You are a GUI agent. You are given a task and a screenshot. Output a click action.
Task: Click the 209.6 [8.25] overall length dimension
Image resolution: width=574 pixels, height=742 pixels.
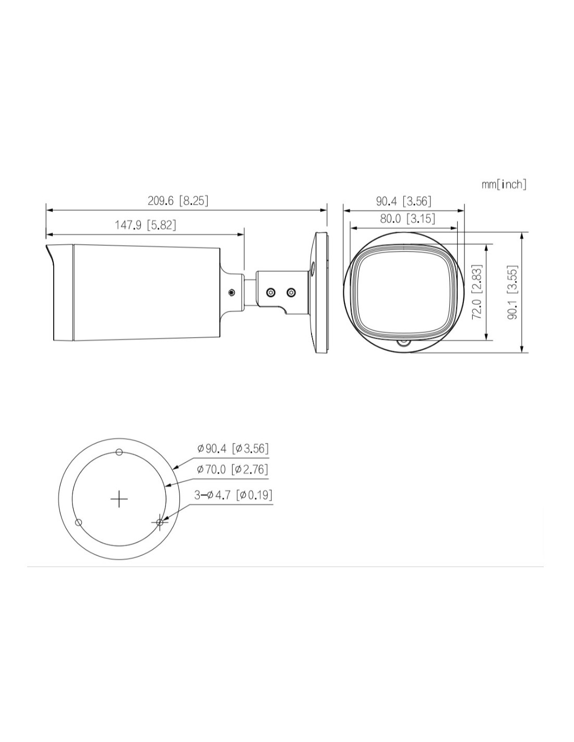177,200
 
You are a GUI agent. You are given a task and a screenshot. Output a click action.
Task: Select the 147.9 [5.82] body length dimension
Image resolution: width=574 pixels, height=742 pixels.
146,225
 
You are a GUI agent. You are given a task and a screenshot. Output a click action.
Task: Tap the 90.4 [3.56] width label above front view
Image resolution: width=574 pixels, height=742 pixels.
403,201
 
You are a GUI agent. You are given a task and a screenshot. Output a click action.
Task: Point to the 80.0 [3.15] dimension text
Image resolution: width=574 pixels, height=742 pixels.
408,219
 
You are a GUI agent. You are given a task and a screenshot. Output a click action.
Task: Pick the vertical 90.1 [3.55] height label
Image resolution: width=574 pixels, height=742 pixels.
512,292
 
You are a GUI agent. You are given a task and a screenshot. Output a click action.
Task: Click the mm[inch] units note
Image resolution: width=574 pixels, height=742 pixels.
504,184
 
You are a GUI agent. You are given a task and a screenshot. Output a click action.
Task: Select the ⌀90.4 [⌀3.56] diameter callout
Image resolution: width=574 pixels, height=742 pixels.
233,448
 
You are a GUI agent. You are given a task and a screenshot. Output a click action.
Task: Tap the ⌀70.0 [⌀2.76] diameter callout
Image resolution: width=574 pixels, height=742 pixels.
233,469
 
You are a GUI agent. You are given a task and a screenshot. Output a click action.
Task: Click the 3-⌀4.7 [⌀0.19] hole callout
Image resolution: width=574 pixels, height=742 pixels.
234,495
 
